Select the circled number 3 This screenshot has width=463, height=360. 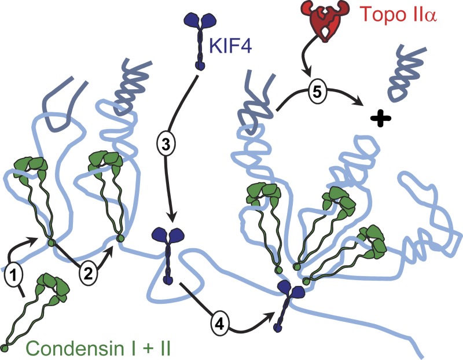point(165,145)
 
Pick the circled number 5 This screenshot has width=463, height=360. point(313,91)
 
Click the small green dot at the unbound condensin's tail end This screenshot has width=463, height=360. point(5,348)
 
